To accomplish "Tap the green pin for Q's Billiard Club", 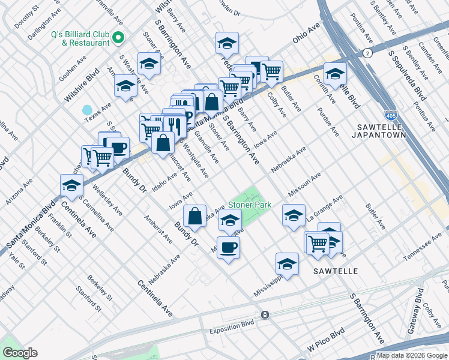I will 118,38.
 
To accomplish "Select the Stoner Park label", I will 249,205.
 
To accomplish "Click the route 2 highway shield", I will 366,53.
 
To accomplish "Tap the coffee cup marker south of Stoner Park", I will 228,247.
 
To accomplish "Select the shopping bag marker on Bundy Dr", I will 195,216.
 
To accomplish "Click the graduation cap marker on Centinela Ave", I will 71,186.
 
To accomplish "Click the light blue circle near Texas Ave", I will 88,110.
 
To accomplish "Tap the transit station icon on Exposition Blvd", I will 264,314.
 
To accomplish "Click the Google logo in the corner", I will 20,353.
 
